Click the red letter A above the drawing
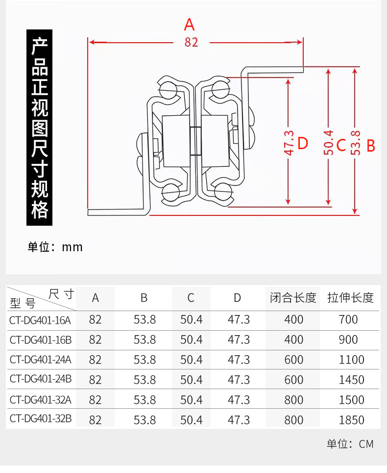(190, 25)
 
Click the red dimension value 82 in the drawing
(192, 42)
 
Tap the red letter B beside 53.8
(371, 146)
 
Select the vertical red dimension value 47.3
(289, 143)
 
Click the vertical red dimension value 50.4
(329, 143)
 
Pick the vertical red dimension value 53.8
(356, 143)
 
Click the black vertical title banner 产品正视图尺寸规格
(40, 128)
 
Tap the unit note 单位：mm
(55, 247)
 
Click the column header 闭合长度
(293, 298)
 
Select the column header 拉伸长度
(351, 298)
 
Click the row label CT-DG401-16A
(40, 320)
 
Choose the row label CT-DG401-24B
(40, 380)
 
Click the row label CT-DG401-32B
(40, 420)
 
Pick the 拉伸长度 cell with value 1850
(352, 420)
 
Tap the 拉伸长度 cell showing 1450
(352, 380)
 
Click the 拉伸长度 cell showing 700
(348, 320)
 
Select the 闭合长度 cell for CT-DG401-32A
(294, 400)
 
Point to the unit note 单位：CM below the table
(350, 445)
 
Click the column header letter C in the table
(191, 298)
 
